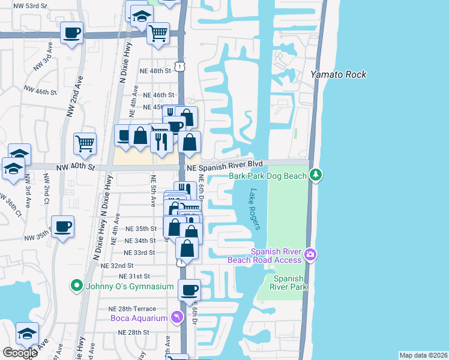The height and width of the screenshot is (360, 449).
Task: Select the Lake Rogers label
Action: [x=255, y=209]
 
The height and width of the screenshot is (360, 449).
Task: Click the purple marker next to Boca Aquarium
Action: [x=176, y=317]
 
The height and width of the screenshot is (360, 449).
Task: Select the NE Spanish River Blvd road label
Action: [x=225, y=164]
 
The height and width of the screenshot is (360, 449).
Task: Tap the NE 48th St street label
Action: [x=155, y=71]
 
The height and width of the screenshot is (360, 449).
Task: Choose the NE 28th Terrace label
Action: [x=136, y=308]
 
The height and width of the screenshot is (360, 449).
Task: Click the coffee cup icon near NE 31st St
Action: [x=190, y=290]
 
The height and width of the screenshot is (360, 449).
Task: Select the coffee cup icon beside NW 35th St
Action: [x=62, y=227]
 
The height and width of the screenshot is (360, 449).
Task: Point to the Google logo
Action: [x=20, y=352]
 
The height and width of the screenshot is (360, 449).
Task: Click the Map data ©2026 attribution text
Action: [x=423, y=355]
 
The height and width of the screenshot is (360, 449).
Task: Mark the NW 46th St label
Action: [x=40, y=92]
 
